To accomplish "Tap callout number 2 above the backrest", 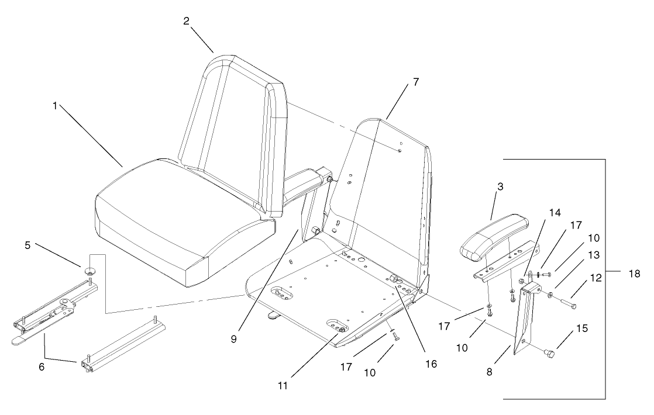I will point(186,21).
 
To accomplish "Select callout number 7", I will point(415,82).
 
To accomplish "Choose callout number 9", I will point(233,339).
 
